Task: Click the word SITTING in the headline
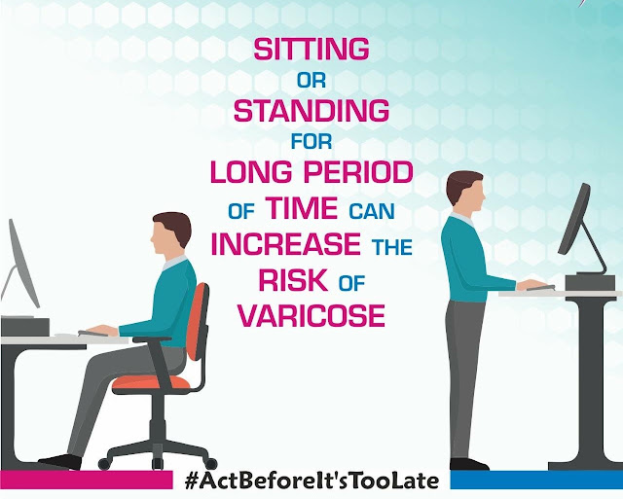311,49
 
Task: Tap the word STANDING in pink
311,110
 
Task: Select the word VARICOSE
311,315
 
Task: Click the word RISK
293,280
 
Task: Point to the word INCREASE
285,243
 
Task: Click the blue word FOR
311,141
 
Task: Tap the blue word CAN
372,211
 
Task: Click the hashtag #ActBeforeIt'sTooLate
311,481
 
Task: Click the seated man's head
171,233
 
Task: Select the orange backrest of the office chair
198,322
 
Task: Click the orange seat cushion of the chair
152,383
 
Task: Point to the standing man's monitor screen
574,219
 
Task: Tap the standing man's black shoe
469,464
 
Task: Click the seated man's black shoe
60,462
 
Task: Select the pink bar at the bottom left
87,480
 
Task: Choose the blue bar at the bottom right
536,480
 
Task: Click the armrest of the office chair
152,339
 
